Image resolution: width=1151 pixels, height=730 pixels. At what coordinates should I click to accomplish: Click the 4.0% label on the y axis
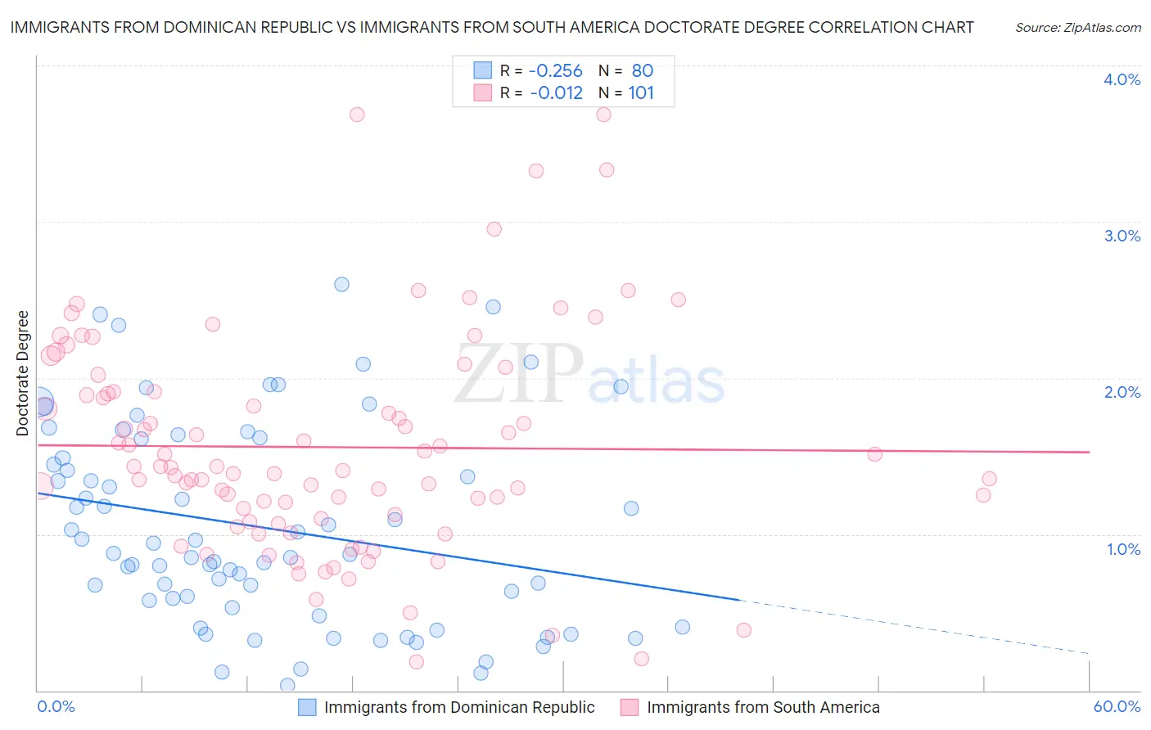tap(1122, 79)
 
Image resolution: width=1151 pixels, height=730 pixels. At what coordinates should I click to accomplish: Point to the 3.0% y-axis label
tap(1122, 236)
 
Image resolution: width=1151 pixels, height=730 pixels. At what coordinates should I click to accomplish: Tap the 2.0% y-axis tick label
tap(1122, 392)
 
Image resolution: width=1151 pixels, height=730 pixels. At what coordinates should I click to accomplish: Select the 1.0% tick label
tap(1123, 549)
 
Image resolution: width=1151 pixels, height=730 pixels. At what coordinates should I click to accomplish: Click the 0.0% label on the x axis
tap(56, 706)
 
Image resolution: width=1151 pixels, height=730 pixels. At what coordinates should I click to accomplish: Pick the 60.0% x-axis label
tap(1117, 706)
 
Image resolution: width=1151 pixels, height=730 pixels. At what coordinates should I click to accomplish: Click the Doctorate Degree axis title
tap(22, 373)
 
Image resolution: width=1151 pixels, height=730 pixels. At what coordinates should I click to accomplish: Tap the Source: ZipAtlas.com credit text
tap(1077, 28)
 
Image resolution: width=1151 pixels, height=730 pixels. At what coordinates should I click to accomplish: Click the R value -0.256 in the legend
tap(555, 71)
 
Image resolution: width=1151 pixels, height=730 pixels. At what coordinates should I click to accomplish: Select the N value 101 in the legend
tap(641, 93)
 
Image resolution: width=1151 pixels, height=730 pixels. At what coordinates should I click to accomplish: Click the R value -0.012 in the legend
tap(556, 93)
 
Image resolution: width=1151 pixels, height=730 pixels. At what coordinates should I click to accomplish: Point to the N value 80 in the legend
tap(643, 71)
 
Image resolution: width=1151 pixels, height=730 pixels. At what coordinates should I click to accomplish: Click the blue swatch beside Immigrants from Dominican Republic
tap(307, 707)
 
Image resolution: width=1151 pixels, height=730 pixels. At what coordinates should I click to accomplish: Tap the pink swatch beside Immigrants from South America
tap(630, 707)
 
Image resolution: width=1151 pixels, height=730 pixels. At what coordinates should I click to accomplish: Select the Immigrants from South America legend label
tap(763, 707)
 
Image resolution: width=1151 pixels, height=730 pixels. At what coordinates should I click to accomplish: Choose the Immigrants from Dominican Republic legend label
tap(459, 707)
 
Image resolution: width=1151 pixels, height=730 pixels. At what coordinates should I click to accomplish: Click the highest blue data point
tap(341, 284)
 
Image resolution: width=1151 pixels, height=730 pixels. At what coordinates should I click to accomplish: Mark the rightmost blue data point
tap(682, 627)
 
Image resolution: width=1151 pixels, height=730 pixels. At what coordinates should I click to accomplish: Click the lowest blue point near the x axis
tap(287, 685)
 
